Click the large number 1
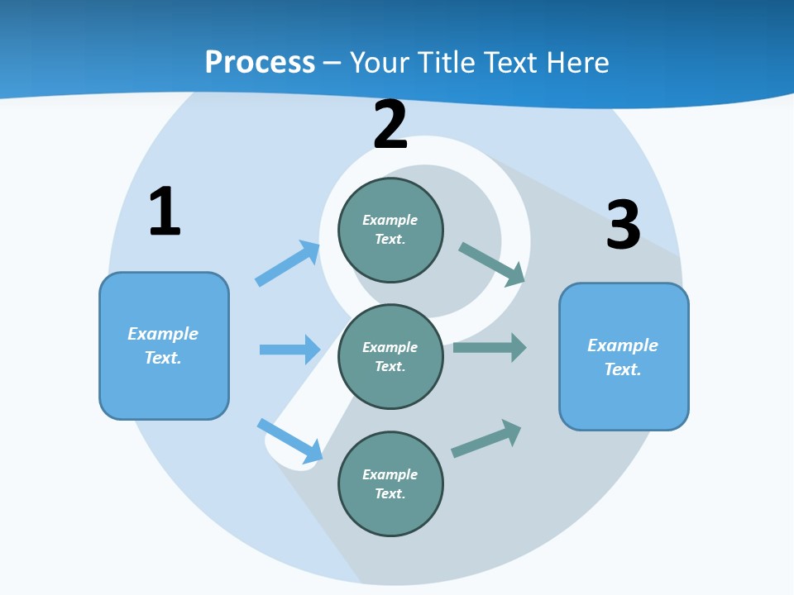coord(165,212)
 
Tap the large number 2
coord(390,125)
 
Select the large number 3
coord(623,225)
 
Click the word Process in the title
coord(260,62)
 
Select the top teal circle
coord(390,230)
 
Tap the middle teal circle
coord(390,357)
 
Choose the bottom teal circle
coord(390,484)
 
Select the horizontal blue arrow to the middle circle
coord(289,350)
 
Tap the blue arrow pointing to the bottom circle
coord(290,440)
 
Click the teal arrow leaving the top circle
coord(491,264)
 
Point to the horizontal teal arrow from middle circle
coord(490,348)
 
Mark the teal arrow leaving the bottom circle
coord(486,438)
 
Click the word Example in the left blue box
coord(163,334)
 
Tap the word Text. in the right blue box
coord(623,369)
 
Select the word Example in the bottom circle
coord(390,474)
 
